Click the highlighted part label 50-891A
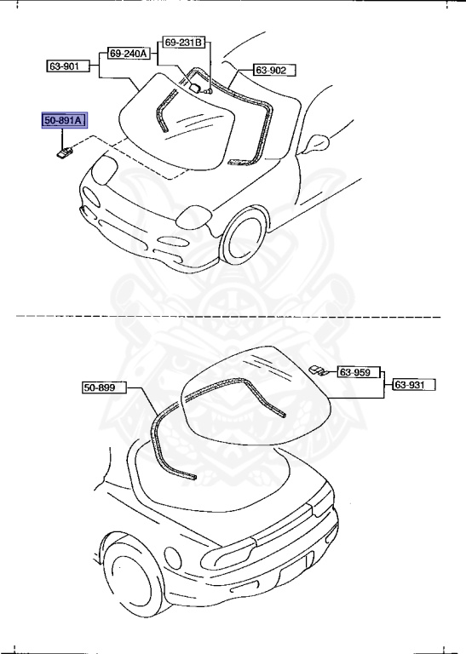click(x=65, y=121)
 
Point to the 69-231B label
click(x=184, y=42)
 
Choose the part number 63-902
click(x=272, y=70)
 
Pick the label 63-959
click(x=357, y=372)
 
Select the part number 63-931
click(x=413, y=386)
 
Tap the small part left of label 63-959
click(x=318, y=369)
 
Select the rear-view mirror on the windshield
click(x=195, y=85)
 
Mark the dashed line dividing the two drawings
click(x=230, y=317)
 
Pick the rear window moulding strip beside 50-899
click(x=162, y=443)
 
